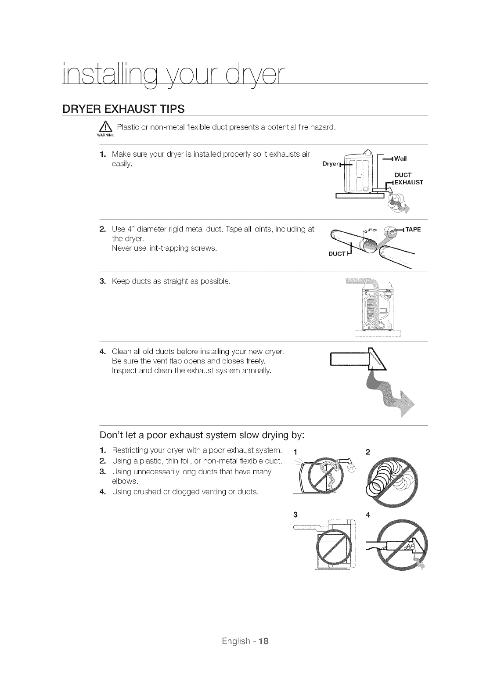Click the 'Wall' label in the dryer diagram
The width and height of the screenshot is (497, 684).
(x=401, y=158)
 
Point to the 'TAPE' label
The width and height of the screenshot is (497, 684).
(x=412, y=229)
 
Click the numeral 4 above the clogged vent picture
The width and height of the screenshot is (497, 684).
(x=367, y=515)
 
